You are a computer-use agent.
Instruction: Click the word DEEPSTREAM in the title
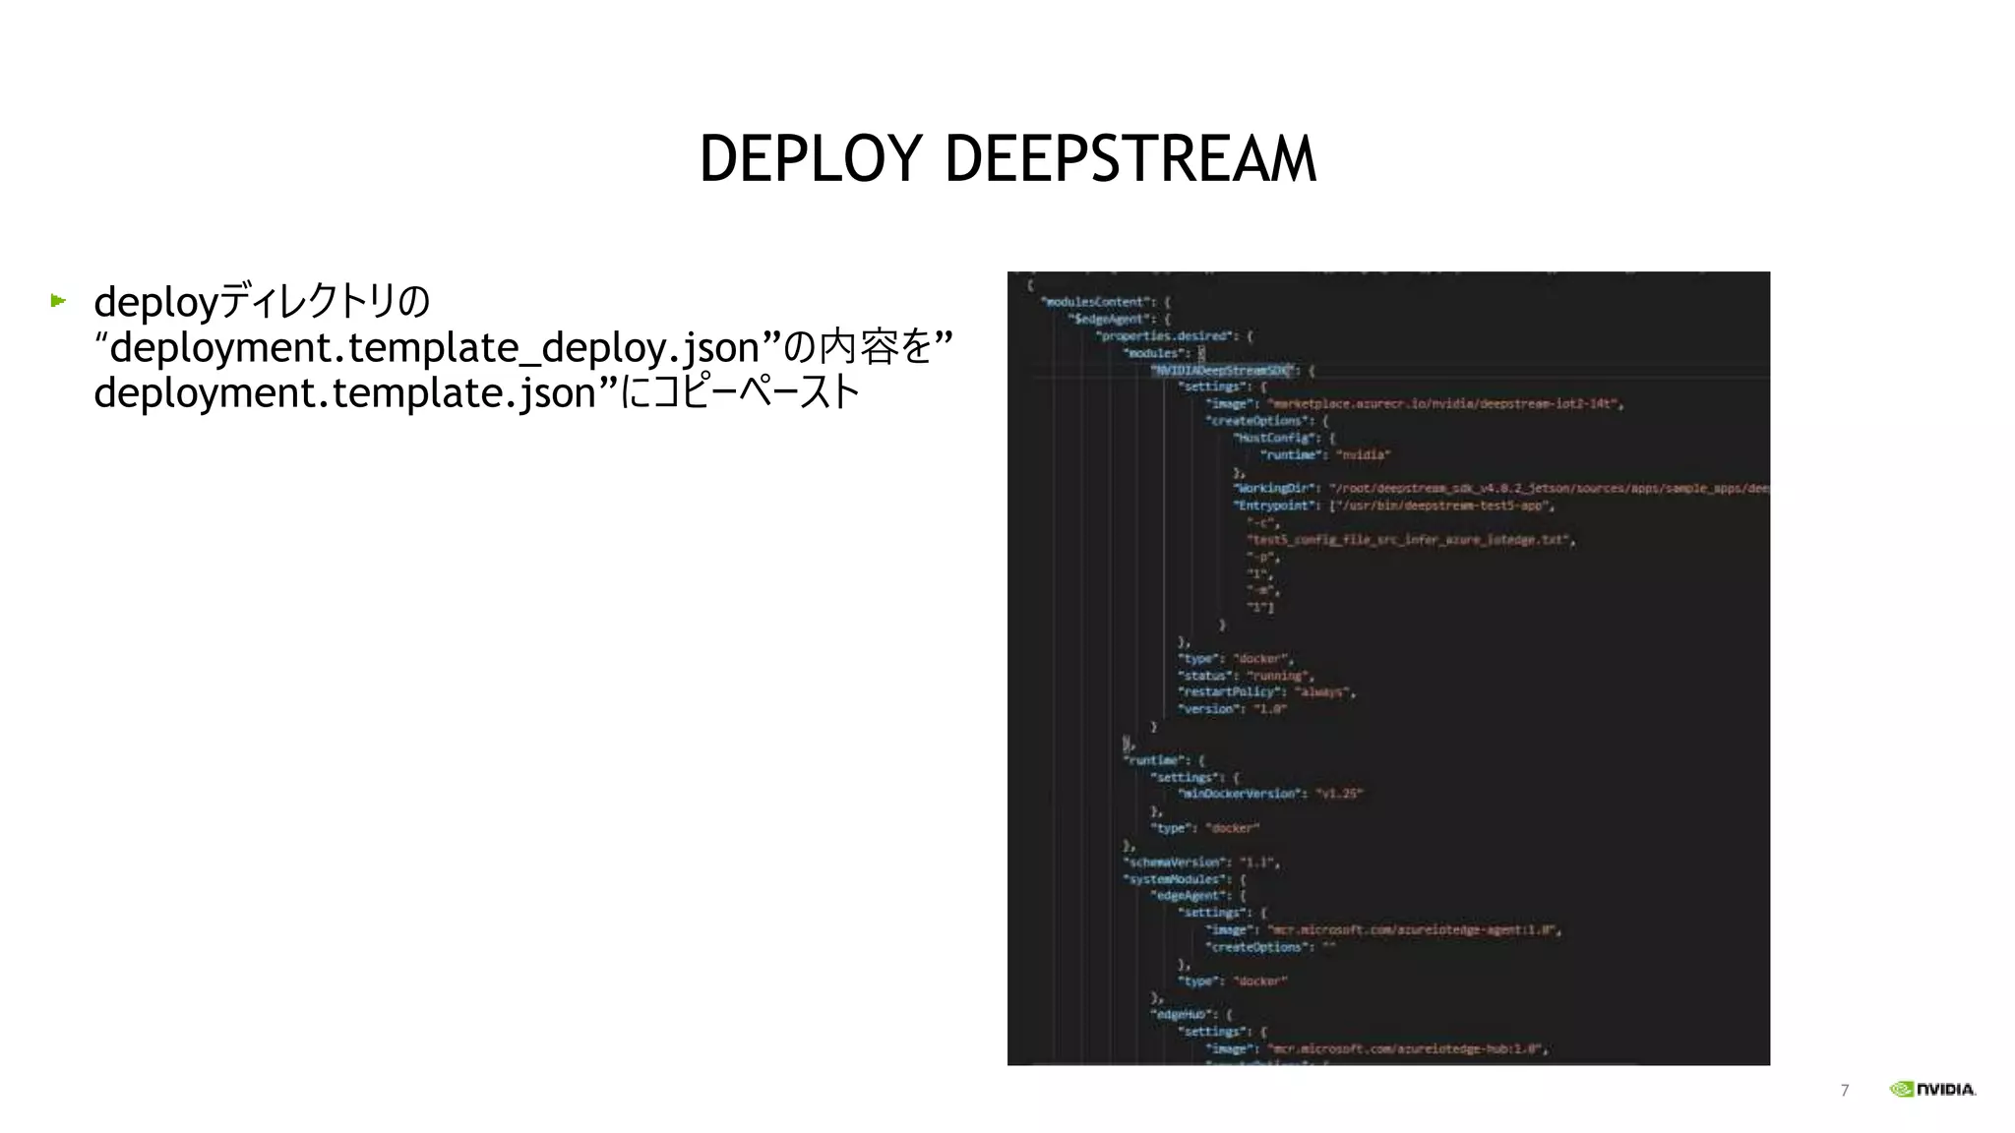(1130, 159)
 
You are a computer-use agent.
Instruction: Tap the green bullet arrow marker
(58, 300)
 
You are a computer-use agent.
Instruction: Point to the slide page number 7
(1844, 1090)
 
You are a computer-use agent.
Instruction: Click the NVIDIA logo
(1932, 1089)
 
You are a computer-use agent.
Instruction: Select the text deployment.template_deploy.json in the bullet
(434, 347)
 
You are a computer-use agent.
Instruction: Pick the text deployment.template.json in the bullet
(345, 392)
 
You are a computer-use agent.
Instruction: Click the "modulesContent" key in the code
(1095, 302)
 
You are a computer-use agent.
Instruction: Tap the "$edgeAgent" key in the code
(1109, 319)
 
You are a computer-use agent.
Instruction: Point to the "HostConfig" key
(1275, 438)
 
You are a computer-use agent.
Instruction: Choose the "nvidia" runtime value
(1363, 454)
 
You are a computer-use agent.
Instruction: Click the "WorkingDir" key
(1275, 488)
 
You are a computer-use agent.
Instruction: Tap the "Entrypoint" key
(1275, 506)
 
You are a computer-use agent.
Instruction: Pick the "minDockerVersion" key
(1242, 794)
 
